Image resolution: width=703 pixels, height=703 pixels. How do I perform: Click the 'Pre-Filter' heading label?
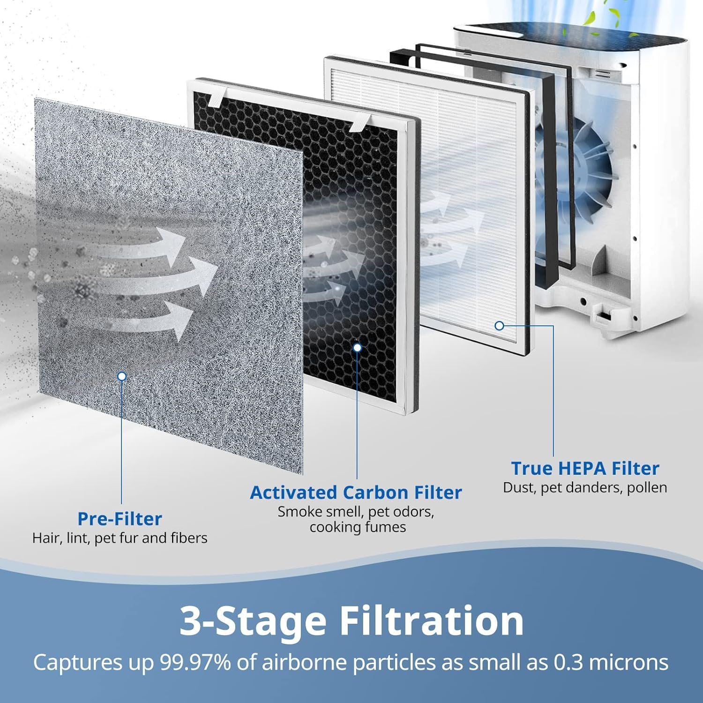click(x=120, y=519)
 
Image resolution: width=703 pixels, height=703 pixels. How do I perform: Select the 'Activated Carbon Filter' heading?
click(x=356, y=493)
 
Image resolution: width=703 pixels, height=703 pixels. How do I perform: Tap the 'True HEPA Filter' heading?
click(x=585, y=468)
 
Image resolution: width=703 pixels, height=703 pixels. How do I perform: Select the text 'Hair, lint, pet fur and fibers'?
click(x=120, y=538)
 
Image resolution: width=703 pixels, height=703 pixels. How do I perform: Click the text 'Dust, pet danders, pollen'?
click(x=585, y=487)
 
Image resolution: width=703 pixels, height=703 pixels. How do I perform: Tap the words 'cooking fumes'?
click(x=358, y=527)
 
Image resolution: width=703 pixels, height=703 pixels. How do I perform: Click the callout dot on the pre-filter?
click(x=122, y=376)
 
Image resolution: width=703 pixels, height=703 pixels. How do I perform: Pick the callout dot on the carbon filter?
click(x=357, y=348)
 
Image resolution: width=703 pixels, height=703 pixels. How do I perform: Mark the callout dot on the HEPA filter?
click(x=499, y=325)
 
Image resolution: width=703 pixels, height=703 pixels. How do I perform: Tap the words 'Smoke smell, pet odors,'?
click(x=356, y=512)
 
